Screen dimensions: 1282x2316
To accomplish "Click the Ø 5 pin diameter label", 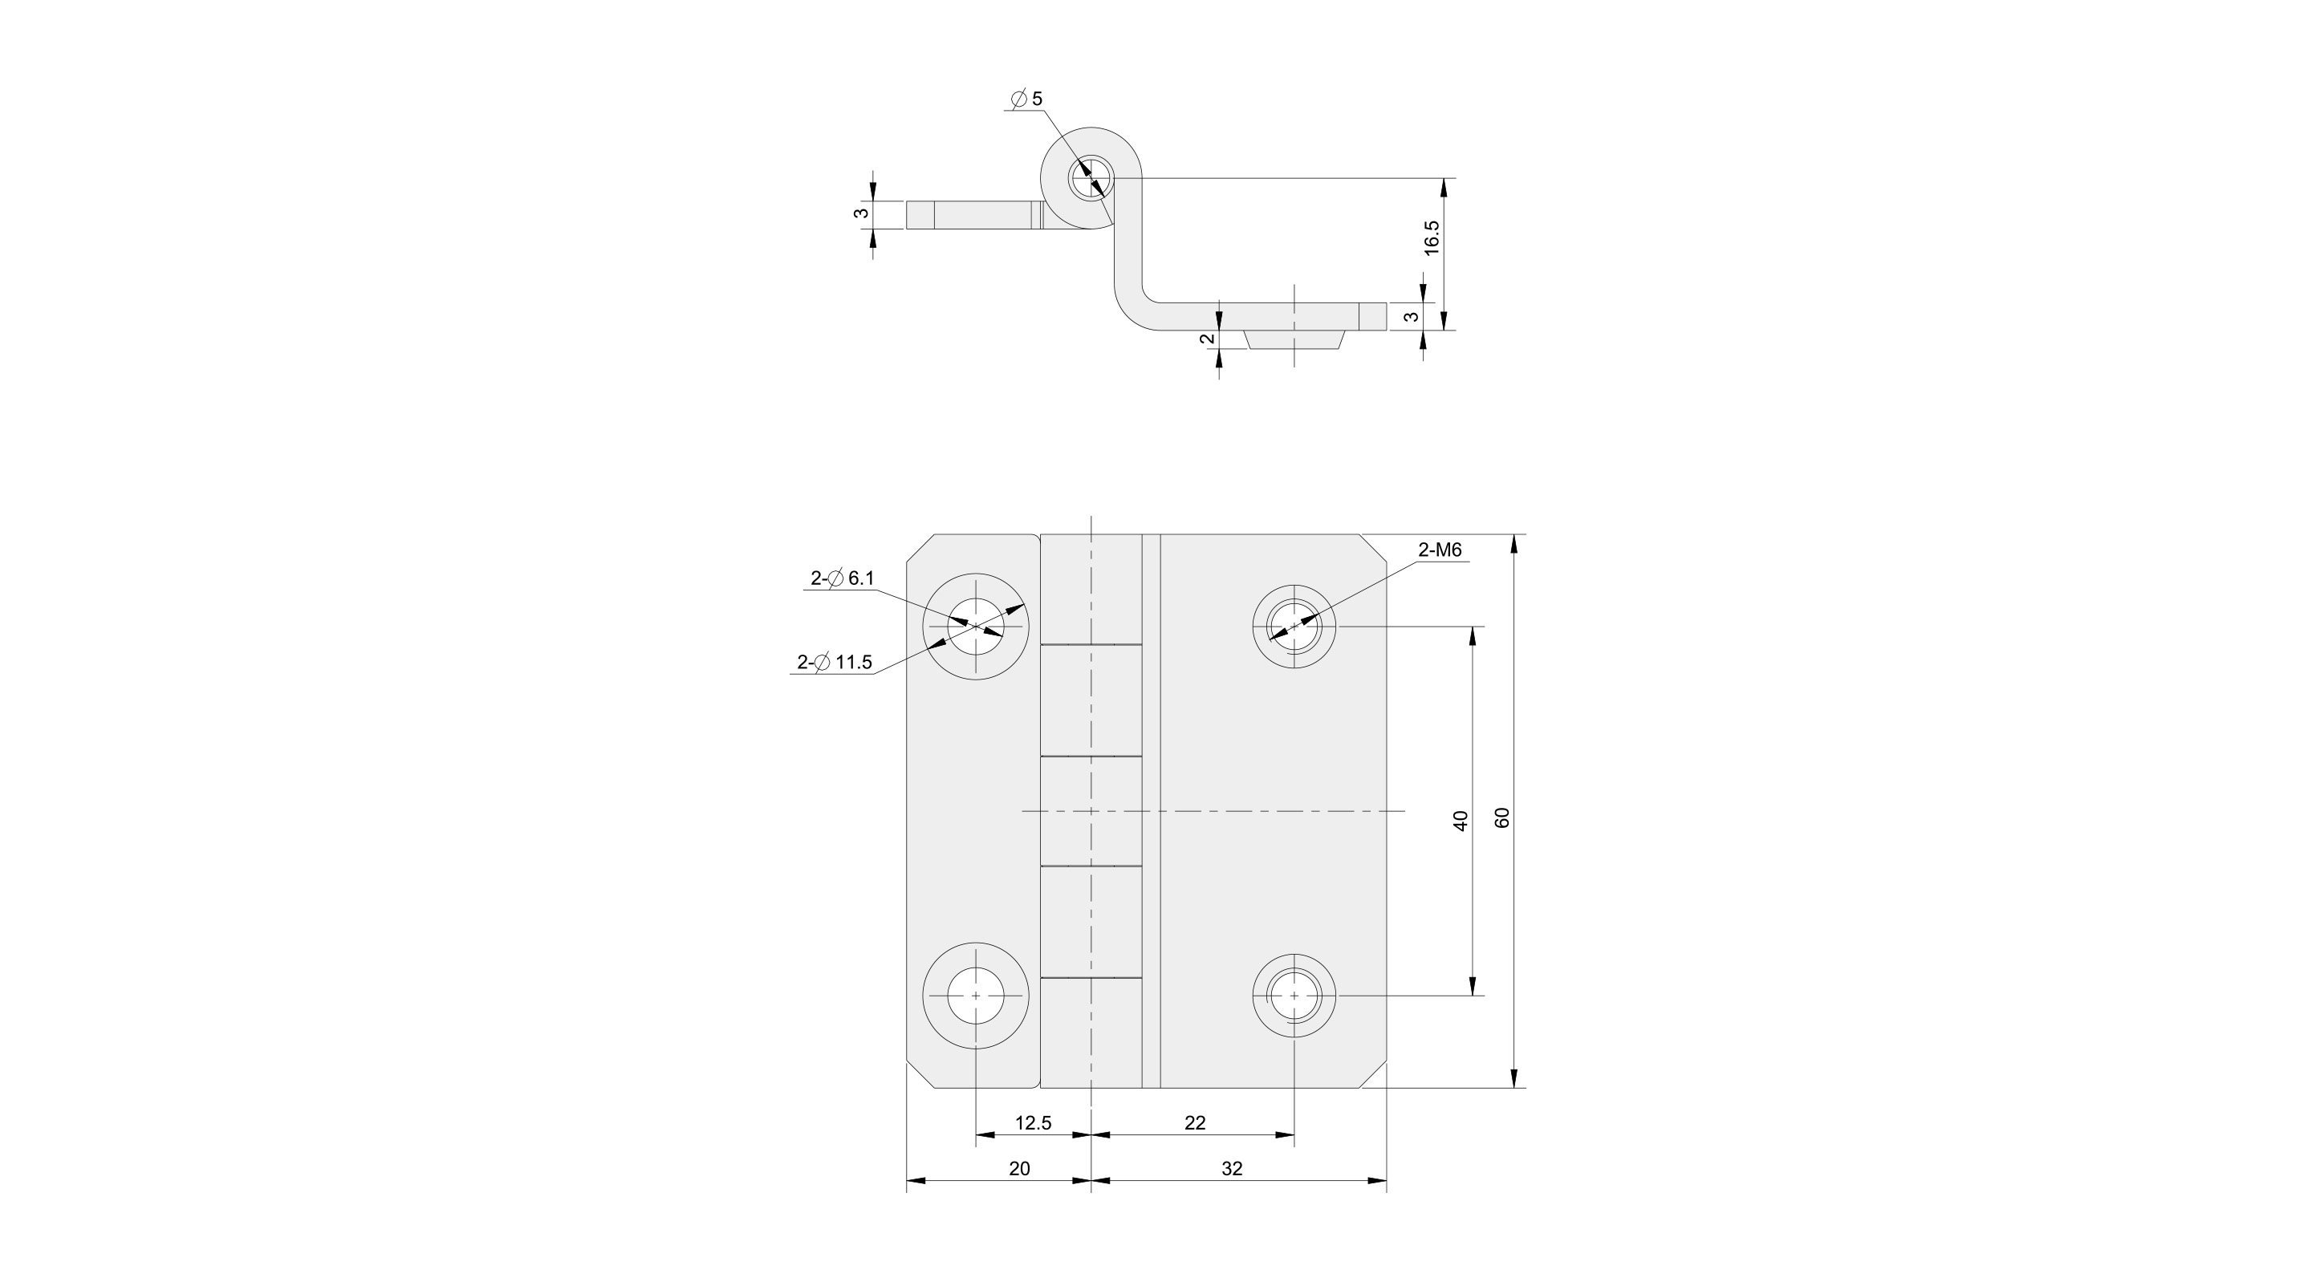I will coord(1026,99).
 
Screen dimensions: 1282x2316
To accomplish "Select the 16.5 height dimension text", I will coord(1433,238).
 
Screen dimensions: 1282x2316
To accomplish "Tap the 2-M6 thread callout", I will coord(1440,550).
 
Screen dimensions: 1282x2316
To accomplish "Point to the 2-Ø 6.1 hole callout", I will coord(842,579).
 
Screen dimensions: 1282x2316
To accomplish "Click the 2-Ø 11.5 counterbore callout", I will coord(835,663).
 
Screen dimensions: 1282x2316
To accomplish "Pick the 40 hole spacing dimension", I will coord(1461,820).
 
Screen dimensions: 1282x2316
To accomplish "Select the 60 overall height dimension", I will coord(1502,817).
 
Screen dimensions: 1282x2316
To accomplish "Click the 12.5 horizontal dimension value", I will coord(1033,1123).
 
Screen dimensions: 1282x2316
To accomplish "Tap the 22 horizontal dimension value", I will coord(1195,1123).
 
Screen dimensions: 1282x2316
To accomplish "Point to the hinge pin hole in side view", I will coord(1091,178).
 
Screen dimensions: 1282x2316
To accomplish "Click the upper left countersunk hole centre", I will coord(977,627).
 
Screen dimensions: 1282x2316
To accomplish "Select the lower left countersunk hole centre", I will coord(977,996).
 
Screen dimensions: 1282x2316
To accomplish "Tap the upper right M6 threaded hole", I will coord(1294,626).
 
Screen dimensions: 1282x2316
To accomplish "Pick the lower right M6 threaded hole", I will coord(1294,996).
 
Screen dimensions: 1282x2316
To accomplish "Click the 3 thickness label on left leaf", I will coord(861,214).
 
